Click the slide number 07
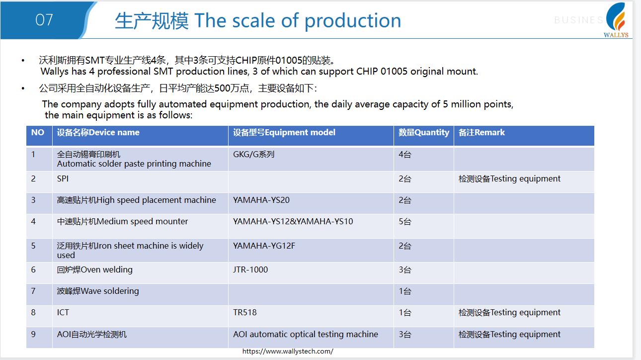click(x=44, y=20)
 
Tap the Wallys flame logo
click(x=617, y=20)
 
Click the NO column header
click(x=37, y=132)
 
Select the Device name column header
click(x=98, y=132)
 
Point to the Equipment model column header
click(x=284, y=132)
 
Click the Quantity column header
click(x=424, y=132)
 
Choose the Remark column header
click(x=481, y=132)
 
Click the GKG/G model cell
click(x=253, y=154)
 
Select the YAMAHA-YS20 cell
click(x=261, y=200)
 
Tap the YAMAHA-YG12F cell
click(x=264, y=246)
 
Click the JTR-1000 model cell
click(x=250, y=270)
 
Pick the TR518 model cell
click(x=244, y=312)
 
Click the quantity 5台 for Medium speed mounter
click(x=405, y=221)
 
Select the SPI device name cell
click(x=63, y=179)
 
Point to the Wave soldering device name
click(x=98, y=291)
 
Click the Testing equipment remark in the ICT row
click(x=509, y=312)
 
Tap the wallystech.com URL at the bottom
click(x=288, y=352)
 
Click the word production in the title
click(x=353, y=21)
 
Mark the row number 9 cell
click(x=33, y=334)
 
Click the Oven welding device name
click(x=95, y=270)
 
